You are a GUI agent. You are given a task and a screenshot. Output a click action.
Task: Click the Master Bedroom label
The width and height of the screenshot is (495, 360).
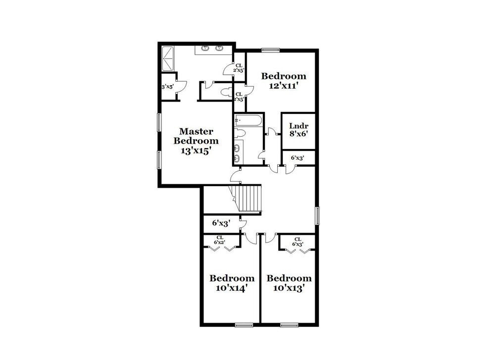[x=196, y=136]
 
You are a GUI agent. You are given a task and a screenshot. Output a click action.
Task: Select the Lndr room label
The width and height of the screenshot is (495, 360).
[x=298, y=125]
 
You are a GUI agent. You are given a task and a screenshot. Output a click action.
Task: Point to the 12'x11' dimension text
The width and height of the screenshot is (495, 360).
[x=284, y=85]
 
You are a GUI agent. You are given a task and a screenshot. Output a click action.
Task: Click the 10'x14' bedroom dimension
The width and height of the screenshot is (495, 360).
[x=232, y=287]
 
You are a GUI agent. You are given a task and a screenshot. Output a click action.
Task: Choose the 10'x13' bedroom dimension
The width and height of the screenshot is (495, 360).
[x=289, y=287]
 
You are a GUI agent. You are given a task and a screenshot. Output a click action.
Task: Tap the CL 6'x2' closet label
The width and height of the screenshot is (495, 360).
[x=220, y=240]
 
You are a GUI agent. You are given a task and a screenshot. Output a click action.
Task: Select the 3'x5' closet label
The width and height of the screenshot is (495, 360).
[x=167, y=87]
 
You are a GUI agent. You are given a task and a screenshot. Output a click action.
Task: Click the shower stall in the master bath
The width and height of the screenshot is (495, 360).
[x=168, y=58]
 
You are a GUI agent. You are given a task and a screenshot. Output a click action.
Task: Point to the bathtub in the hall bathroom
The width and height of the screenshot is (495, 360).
[x=247, y=120]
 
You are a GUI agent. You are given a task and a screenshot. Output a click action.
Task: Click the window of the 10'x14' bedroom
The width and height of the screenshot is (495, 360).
[x=243, y=325]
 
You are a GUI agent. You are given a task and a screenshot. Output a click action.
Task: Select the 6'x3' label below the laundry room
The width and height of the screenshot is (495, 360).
[x=297, y=158]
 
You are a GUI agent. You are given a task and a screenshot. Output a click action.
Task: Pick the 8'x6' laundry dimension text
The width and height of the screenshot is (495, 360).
[x=298, y=133]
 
